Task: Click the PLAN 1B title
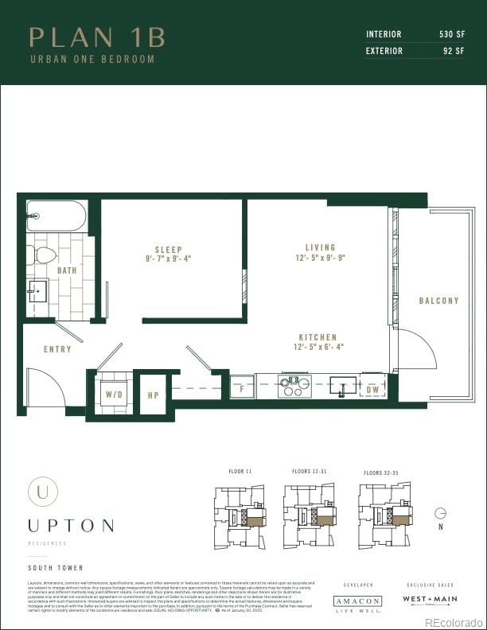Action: (97, 37)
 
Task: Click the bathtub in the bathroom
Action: (56, 215)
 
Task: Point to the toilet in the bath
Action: (43, 255)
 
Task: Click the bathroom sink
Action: (37, 290)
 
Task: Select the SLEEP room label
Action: (168, 247)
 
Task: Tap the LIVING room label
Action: (320, 247)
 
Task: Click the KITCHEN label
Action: (318, 337)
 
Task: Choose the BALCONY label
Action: (439, 301)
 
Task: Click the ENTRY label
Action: (57, 349)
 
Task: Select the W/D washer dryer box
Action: (114, 393)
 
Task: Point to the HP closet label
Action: (154, 395)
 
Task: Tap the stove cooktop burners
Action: (293, 386)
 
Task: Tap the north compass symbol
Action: (440, 514)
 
